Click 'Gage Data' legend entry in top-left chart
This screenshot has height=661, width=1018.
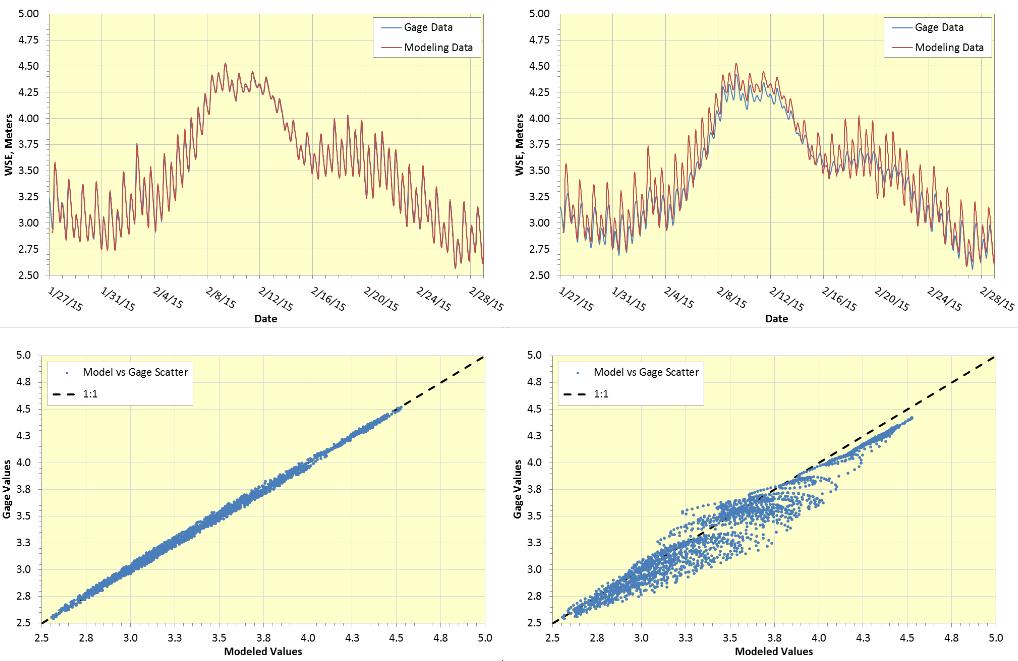click(428, 27)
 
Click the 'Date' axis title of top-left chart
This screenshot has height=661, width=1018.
click(266, 319)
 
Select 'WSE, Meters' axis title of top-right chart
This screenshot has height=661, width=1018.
click(519, 144)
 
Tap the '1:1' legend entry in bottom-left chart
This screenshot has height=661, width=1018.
click(90, 394)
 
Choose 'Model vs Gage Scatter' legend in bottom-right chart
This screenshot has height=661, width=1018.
click(646, 372)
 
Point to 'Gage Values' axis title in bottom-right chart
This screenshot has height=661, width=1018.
click(517, 489)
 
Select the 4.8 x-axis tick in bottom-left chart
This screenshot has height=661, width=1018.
click(441, 638)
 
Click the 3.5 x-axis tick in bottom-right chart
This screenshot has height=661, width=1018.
click(730, 638)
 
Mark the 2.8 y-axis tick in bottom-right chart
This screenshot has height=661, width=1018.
click(534, 596)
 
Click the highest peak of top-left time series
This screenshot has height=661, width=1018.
click(225, 64)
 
